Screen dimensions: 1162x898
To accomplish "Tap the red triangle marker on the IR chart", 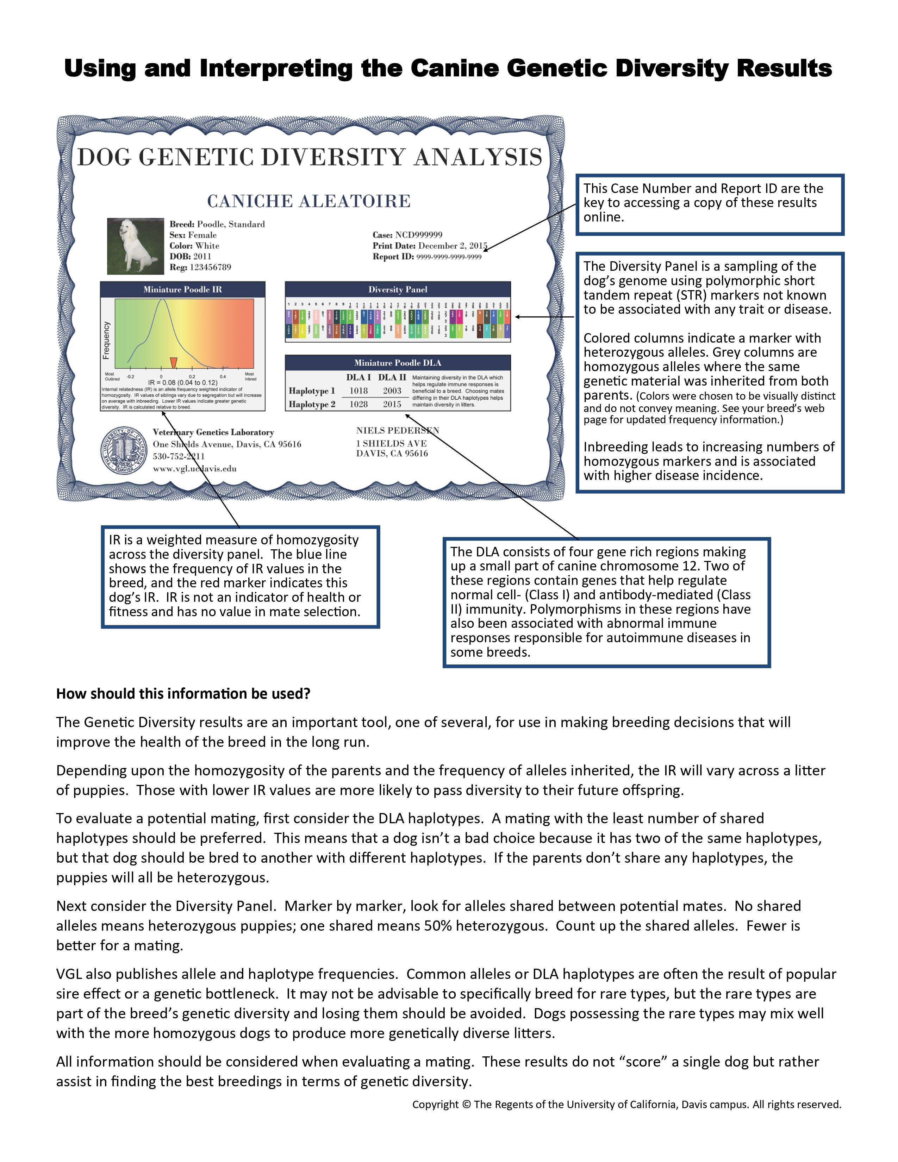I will (173, 362).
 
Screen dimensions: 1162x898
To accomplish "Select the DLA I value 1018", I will (358, 391).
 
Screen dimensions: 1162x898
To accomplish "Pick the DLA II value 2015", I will (392, 404).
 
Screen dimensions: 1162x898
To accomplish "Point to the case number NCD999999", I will (419, 235).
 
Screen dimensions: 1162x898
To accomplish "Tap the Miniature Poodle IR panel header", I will (182, 289).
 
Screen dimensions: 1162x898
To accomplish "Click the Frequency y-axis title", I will (106, 340).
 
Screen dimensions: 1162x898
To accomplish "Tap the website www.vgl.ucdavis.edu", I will (195, 469).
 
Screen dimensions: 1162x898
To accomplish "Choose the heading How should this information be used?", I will (183, 694).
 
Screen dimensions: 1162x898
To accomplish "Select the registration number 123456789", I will (210, 267).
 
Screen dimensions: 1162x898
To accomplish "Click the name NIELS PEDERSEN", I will (397, 430).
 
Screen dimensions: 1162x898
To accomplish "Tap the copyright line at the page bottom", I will (627, 1105).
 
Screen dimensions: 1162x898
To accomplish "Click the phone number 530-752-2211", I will (179, 456).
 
